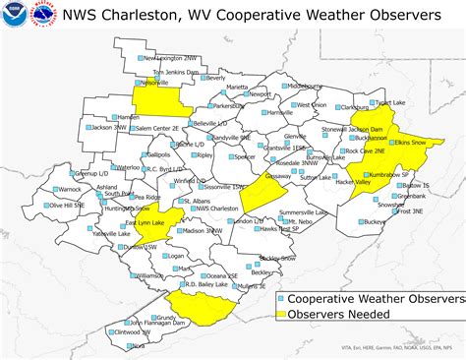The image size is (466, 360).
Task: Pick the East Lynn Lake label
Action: [145, 223]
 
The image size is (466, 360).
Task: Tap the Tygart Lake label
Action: [390, 102]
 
